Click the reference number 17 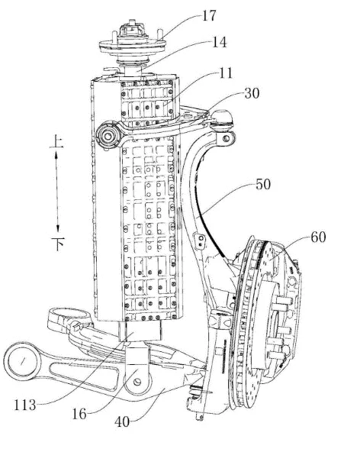click(209, 15)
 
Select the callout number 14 click(220, 42)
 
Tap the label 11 click(226, 73)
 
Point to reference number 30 click(252, 93)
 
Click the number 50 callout click(263, 184)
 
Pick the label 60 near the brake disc click(318, 237)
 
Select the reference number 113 click(25, 405)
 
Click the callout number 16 click(79, 415)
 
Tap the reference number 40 click(122, 422)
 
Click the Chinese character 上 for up click(56, 142)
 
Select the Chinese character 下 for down click(58, 244)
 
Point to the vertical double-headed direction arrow click(56, 192)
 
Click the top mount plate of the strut click(133, 45)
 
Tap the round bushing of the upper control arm click(108, 136)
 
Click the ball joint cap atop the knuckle click(222, 118)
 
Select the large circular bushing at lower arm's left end click(22, 361)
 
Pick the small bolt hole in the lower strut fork click(137, 382)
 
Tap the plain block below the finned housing click(140, 331)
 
